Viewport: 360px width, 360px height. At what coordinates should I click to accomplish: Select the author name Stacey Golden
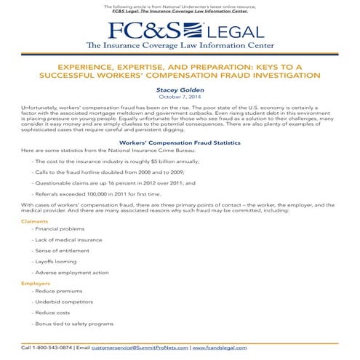[180, 89]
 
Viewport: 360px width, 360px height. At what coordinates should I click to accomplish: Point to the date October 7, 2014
[180, 97]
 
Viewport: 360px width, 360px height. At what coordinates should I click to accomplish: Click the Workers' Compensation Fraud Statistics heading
[180, 143]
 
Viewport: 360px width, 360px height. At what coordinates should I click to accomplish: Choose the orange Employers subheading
[36, 282]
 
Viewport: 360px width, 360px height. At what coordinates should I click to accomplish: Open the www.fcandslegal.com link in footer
[219, 348]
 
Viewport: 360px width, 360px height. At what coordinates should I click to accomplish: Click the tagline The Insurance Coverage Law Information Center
[180, 45]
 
